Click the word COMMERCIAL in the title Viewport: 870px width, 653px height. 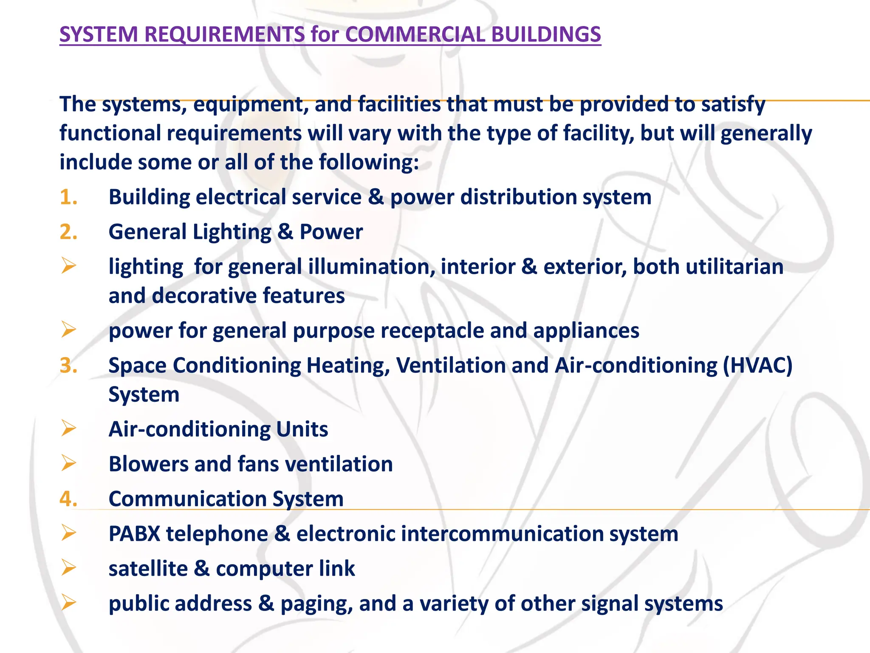(x=415, y=34)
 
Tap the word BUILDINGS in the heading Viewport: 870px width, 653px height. (x=546, y=34)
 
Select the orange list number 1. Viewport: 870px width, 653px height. (x=68, y=197)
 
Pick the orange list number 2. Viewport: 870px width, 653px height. (x=68, y=232)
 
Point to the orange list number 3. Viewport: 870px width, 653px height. (x=68, y=366)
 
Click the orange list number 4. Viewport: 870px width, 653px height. (x=68, y=499)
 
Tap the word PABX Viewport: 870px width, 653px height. (x=134, y=534)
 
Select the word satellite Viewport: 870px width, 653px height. (x=148, y=568)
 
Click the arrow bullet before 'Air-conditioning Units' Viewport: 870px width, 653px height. (x=68, y=428)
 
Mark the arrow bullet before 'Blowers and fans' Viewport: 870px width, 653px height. (x=68, y=463)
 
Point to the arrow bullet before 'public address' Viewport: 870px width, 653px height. (x=68, y=602)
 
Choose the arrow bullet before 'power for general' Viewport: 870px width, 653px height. (x=68, y=329)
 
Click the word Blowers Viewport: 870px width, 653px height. (x=148, y=464)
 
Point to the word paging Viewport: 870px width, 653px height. (x=316, y=604)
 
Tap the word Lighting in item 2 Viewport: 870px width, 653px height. (x=232, y=232)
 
